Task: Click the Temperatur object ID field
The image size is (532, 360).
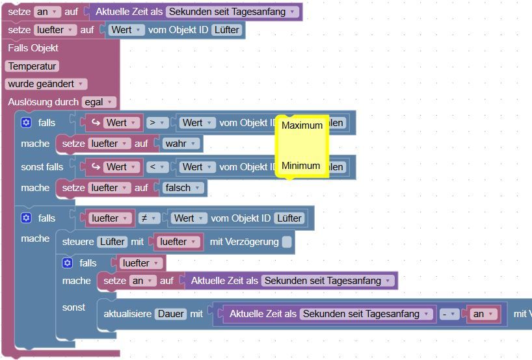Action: tap(32, 66)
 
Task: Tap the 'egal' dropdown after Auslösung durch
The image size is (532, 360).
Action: tap(99, 102)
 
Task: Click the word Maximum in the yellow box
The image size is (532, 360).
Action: tap(302, 125)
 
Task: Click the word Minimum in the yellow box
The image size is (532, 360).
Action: tap(300, 166)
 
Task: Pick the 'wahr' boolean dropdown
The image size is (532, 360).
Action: tap(181, 143)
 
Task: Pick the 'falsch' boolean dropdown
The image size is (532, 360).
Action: tap(184, 188)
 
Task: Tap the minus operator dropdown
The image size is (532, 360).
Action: tap(447, 314)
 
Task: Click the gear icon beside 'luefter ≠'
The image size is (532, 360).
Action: tap(26, 218)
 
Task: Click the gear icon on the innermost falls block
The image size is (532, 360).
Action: tap(67, 263)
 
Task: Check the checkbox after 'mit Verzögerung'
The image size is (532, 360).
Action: tap(287, 242)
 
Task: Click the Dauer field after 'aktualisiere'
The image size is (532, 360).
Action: tap(171, 314)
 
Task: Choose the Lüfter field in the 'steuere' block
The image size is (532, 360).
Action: tap(112, 242)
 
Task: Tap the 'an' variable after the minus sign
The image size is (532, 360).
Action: tap(482, 314)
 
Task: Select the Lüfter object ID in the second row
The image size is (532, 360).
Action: tap(226, 30)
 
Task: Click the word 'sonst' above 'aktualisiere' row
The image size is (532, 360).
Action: tap(73, 307)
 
